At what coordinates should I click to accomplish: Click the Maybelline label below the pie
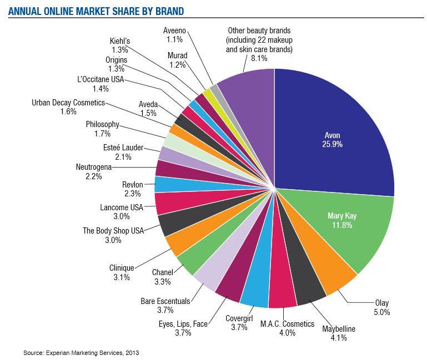[339, 329]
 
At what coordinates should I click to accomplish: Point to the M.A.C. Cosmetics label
[288, 324]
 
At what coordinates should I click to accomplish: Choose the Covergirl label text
[240, 319]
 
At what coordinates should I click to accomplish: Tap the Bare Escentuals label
[165, 301]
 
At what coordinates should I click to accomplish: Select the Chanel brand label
[162, 272]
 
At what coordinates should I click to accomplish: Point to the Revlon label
[133, 184]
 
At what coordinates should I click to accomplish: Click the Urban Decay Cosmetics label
[68, 103]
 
